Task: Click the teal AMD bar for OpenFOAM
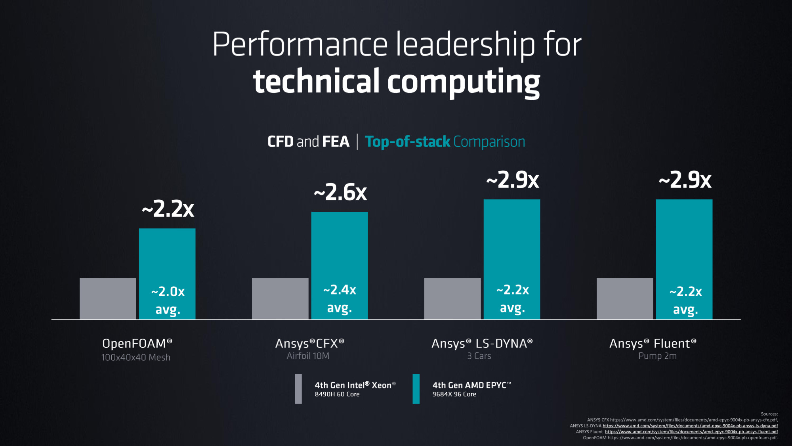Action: pyautogui.click(x=167, y=258)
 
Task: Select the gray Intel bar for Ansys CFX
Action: pyautogui.click(x=280, y=299)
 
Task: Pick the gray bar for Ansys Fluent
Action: pyautogui.click(x=624, y=299)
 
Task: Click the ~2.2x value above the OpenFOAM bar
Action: pyautogui.click(x=168, y=209)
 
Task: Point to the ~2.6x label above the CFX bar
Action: pyautogui.click(x=340, y=193)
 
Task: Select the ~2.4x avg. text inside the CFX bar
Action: pyautogui.click(x=340, y=298)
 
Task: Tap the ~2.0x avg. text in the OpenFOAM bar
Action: pyautogui.click(x=168, y=300)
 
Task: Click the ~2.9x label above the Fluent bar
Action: pyautogui.click(x=685, y=180)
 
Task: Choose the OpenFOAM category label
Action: pyautogui.click(x=137, y=343)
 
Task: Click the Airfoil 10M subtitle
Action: pyautogui.click(x=308, y=356)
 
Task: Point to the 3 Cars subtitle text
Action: pyautogui.click(x=479, y=356)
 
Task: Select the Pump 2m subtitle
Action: pyautogui.click(x=657, y=356)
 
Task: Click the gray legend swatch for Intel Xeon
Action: pyautogui.click(x=298, y=389)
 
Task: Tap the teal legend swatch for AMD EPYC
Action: pyautogui.click(x=416, y=389)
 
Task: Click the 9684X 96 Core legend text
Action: pyautogui.click(x=454, y=394)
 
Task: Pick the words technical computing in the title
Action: pyautogui.click(x=396, y=82)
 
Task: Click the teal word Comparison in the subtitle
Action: pyautogui.click(x=489, y=142)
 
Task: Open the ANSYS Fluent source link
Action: pyautogui.click(x=691, y=432)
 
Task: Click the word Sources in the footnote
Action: pyautogui.click(x=769, y=414)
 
